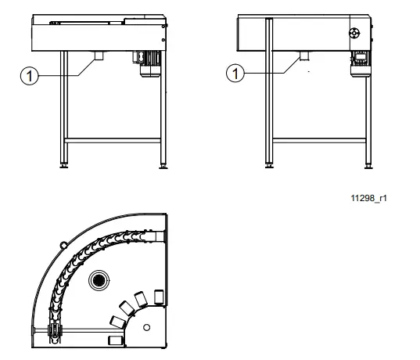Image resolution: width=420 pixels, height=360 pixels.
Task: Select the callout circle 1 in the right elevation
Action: click(x=233, y=74)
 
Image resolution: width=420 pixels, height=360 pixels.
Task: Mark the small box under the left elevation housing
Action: click(x=99, y=56)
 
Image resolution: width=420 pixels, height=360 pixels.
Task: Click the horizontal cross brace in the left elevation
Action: click(x=113, y=139)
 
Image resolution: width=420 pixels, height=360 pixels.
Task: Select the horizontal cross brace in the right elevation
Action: click(x=319, y=139)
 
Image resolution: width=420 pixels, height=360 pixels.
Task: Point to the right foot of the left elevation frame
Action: click(x=163, y=165)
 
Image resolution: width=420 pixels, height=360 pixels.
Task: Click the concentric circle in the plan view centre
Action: click(x=99, y=280)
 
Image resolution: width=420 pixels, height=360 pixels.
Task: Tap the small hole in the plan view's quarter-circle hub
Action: click(x=146, y=326)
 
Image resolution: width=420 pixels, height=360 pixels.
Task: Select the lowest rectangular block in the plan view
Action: click(x=115, y=339)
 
